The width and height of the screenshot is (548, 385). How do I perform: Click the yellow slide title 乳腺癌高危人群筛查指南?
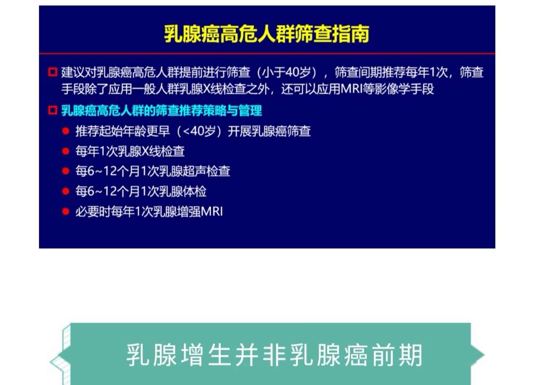click(x=267, y=34)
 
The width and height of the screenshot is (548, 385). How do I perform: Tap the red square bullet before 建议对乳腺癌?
click(x=52, y=72)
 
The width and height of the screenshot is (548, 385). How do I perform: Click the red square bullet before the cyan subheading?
click(x=52, y=110)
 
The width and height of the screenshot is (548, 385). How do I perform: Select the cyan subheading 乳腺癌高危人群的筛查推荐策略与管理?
click(x=161, y=111)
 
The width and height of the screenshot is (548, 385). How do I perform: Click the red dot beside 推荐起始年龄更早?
click(x=66, y=131)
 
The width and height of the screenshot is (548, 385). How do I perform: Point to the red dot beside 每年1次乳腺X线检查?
click(x=66, y=151)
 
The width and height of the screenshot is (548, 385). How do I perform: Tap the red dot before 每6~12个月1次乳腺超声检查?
click(x=66, y=171)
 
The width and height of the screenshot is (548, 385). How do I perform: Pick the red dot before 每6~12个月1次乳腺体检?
click(x=66, y=191)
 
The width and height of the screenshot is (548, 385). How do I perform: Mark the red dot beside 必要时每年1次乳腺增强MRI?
click(x=66, y=212)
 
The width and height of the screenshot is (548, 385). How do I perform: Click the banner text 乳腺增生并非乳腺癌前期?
click(x=274, y=355)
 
